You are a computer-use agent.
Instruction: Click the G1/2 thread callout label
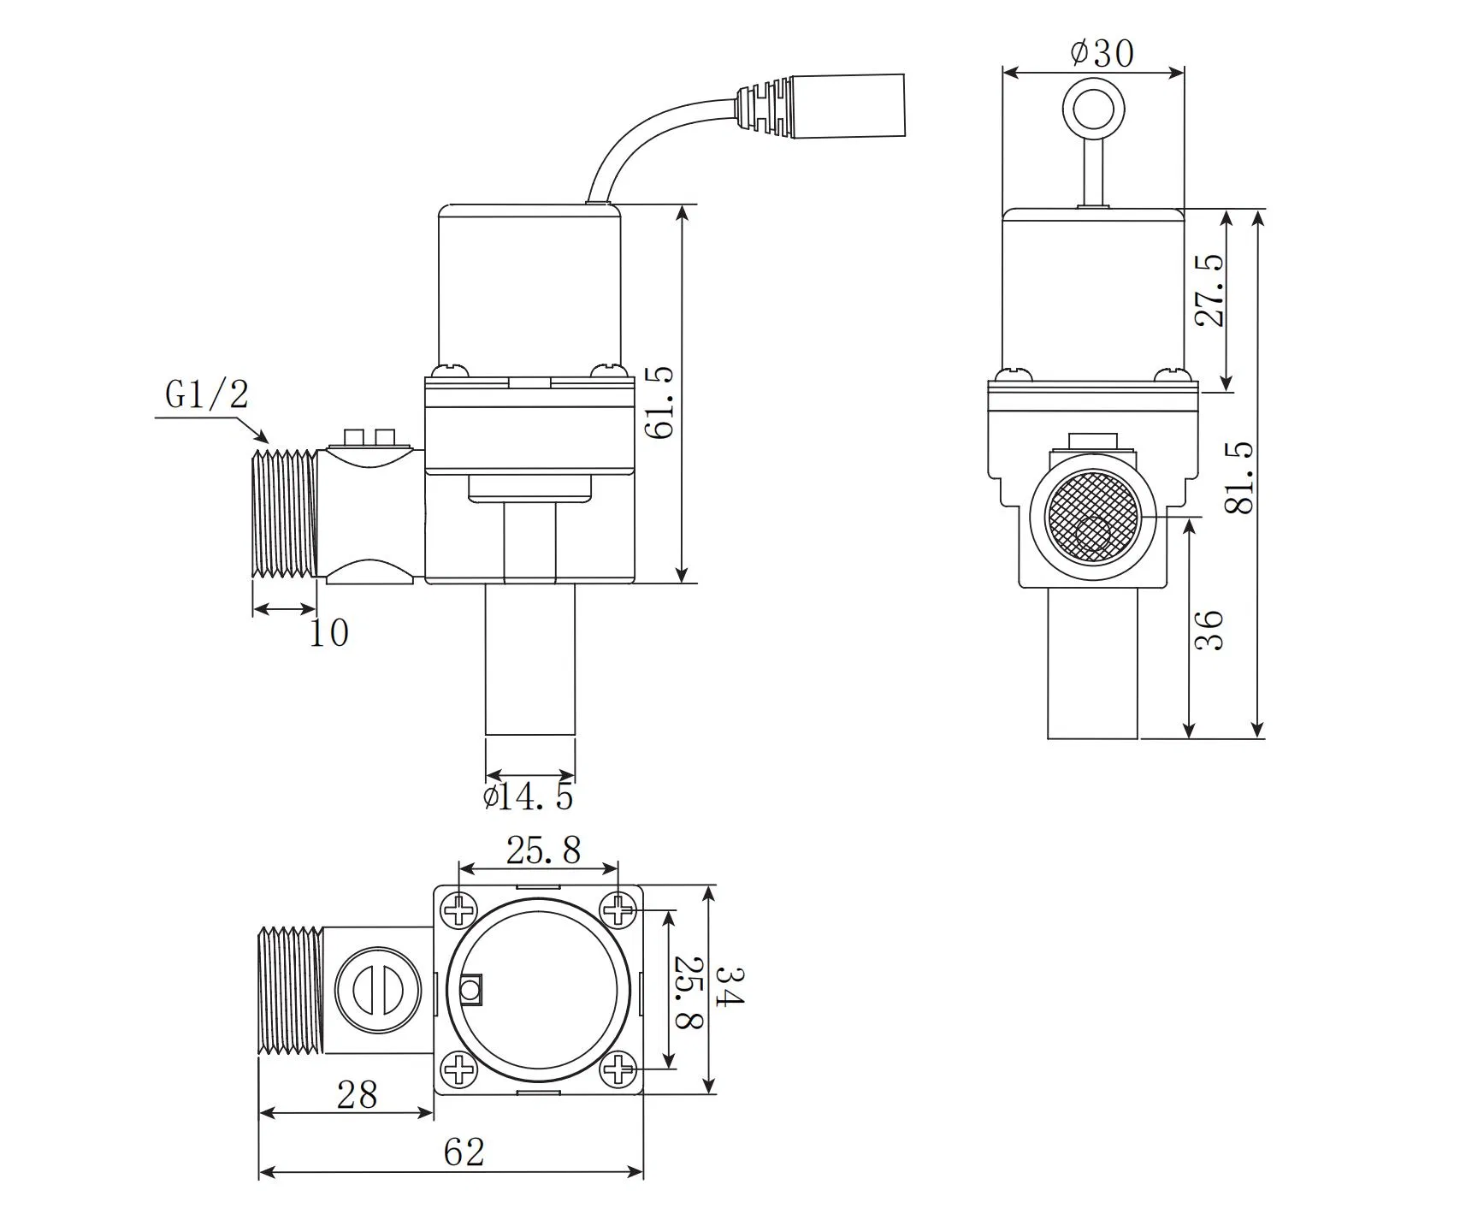(207, 395)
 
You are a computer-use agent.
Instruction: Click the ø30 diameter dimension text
(1102, 54)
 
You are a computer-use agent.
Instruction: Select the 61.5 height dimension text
(660, 403)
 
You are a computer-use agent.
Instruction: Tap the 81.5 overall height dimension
(1240, 477)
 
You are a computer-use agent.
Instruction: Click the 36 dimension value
(1209, 631)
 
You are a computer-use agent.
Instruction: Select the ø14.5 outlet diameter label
(528, 797)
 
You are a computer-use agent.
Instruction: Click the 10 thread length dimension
(328, 633)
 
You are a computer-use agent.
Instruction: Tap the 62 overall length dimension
(464, 1152)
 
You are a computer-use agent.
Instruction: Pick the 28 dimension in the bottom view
(357, 1094)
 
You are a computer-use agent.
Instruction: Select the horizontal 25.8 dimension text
(543, 850)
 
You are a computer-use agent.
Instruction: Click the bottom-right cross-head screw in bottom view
(618, 1069)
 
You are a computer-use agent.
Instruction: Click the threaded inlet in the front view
(286, 512)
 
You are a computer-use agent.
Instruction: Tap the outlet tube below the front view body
(529, 659)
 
